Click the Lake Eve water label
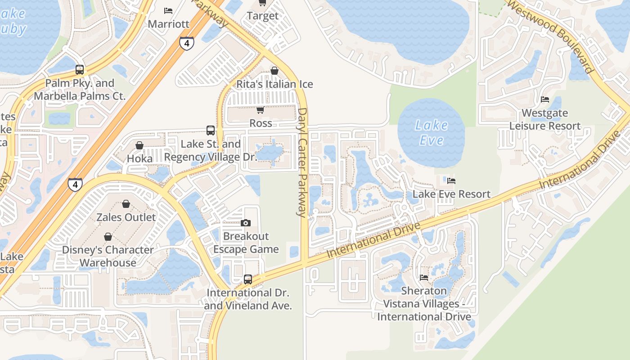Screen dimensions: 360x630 click(x=431, y=132)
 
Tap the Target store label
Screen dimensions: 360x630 click(x=263, y=16)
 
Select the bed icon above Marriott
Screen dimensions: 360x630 click(x=168, y=10)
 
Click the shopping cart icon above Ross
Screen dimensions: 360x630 click(x=260, y=110)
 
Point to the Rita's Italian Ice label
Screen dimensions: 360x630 click(x=274, y=84)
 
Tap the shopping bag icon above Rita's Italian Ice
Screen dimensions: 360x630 click(x=274, y=71)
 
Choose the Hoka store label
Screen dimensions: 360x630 click(x=140, y=158)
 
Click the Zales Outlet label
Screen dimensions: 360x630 click(x=126, y=217)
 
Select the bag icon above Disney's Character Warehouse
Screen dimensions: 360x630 click(x=108, y=237)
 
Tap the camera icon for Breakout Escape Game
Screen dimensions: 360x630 click(x=246, y=223)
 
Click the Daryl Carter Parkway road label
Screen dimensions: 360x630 click(x=302, y=162)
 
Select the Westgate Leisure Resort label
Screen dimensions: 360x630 click(x=545, y=119)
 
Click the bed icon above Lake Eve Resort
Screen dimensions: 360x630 click(x=451, y=181)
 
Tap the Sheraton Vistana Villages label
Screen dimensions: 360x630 click(x=424, y=304)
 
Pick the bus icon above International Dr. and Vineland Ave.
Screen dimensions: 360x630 click(x=248, y=279)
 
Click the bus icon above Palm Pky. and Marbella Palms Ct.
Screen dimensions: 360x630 click(x=80, y=70)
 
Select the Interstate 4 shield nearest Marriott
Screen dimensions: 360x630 click(x=186, y=43)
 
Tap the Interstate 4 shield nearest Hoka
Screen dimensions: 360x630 click(x=76, y=184)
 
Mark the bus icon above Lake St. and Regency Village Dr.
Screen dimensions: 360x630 click(x=210, y=130)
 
